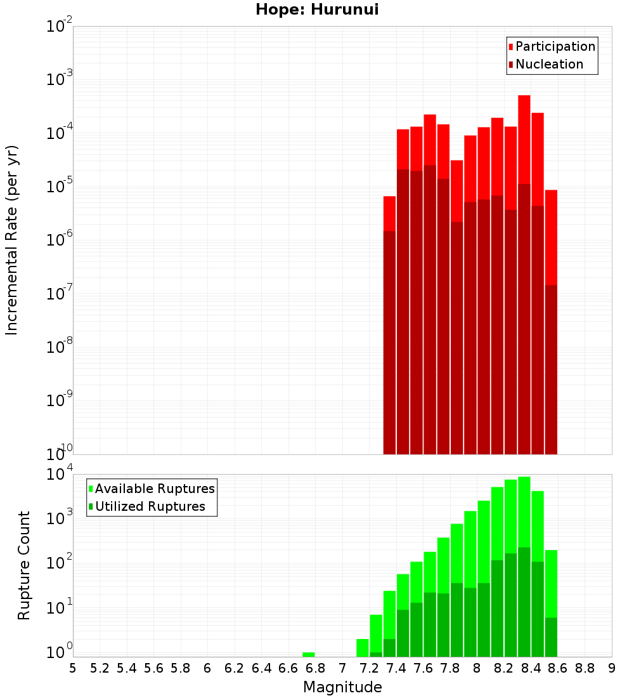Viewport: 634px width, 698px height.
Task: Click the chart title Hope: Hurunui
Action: tap(317, 10)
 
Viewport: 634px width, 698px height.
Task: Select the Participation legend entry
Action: tap(555, 46)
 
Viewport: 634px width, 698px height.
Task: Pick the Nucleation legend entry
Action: tap(549, 64)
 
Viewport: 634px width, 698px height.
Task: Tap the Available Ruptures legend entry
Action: tap(154, 489)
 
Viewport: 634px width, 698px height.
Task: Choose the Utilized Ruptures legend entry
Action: tap(150, 506)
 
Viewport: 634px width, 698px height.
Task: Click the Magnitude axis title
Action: tap(342, 687)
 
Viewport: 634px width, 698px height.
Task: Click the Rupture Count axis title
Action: tap(24, 565)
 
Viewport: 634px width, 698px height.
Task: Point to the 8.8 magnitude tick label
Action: tap(585, 668)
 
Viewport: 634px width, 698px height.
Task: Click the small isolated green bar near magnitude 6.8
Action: tap(309, 654)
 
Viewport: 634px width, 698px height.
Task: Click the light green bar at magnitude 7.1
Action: tap(363, 648)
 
